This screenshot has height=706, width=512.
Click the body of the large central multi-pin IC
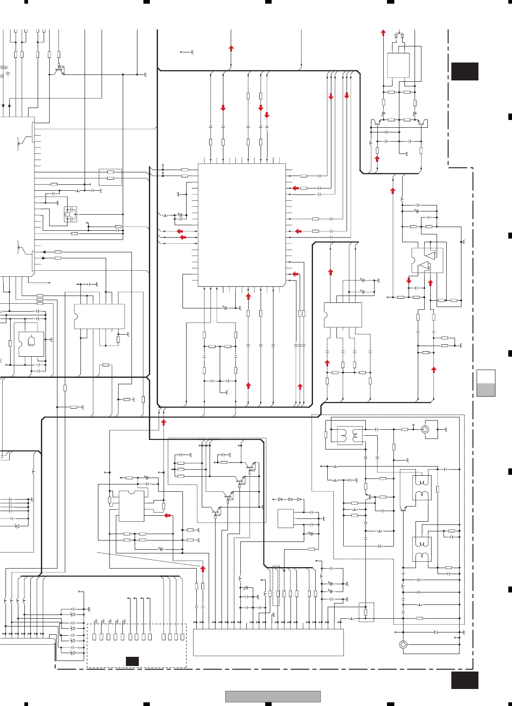[x=242, y=225]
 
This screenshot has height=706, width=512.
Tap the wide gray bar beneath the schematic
[x=273, y=696]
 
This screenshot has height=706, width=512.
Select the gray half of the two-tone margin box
[x=486, y=390]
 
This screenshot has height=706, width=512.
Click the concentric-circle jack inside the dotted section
[x=425, y=429]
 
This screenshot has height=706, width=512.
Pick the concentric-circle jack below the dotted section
[x=403, y=644]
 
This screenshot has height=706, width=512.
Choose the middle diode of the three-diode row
[x=290, y=499]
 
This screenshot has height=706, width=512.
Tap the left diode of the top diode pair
[x=396, y=36]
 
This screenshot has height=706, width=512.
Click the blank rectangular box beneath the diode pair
[x=398, y=65]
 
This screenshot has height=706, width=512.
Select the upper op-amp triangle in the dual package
[x=430, y=255]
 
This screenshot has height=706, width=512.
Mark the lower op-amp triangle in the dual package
[x=423, y=266]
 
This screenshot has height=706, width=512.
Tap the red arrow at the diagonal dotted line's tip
[x=203, y=569]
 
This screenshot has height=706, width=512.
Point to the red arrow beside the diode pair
[x=383, y=33]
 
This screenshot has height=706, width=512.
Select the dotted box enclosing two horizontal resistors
[x=110, y=177]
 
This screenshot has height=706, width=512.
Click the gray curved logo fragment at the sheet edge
[x=5, y=71]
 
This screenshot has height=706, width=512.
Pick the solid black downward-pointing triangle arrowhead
[x=3, y=106]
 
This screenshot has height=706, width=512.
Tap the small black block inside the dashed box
[x=132, y=661]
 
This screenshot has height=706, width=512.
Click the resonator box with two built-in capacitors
[x=70, y=214]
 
